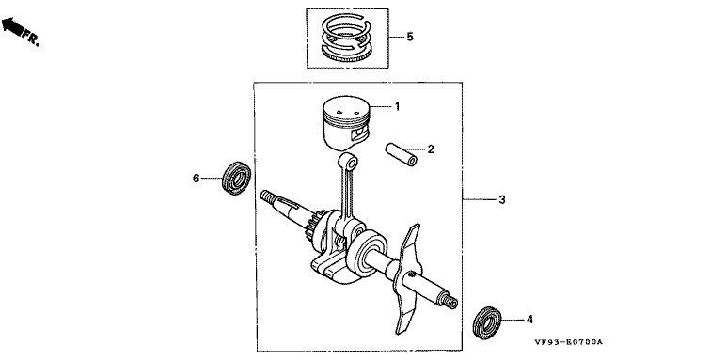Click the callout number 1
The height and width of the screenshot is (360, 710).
point(397,107)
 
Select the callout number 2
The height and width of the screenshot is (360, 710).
point(431,149)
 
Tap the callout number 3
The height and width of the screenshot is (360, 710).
point(502,199)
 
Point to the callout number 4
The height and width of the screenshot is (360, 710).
point(529,320)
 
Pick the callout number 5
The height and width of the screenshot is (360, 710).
point(410,37)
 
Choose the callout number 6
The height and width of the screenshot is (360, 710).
point(196,179)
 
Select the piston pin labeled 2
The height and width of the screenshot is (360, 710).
point(402,154)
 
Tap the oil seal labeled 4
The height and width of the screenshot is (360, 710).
point(487,322)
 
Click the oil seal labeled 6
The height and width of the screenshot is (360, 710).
point(236,178)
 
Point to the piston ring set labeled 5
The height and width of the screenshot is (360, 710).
point(347,38)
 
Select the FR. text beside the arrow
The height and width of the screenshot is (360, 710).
point(32,38)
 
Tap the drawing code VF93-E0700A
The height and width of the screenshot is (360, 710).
point(568,342)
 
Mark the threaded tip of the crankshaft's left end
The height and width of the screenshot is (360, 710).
point(268,196)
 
